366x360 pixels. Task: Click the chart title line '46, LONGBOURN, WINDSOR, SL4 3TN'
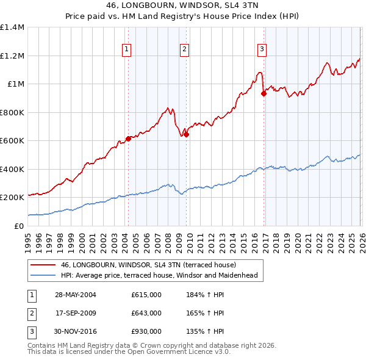pos(183,5)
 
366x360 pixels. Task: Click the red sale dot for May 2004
pos(129,139)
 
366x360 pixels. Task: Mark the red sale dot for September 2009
pos(186,135)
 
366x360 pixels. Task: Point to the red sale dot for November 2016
pos(264,94)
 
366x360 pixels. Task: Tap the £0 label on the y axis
pos(20,226)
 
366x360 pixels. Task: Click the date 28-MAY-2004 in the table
pos(76,295)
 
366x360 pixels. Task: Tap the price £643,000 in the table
pos(146,313)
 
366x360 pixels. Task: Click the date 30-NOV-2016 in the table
pos(76,331)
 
